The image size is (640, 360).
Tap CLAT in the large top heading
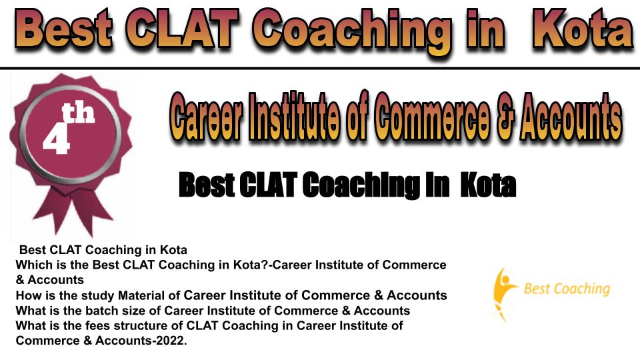click(x=182, y=28)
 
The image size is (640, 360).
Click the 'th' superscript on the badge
click(x=79, y=113)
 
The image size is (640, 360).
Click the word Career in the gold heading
click(x=206, y=116)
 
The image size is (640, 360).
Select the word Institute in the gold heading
click(x=294, y=116)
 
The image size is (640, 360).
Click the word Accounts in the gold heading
click(x=571, y=116)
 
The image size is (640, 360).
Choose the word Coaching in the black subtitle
click(x=361, y=185)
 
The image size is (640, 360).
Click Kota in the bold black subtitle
click(x=488, y=185)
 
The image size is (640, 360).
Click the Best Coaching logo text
click(x=567, y=289)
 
